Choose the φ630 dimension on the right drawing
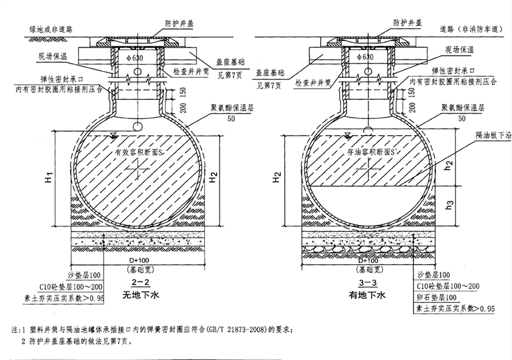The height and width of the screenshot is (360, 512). pos(365,57)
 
